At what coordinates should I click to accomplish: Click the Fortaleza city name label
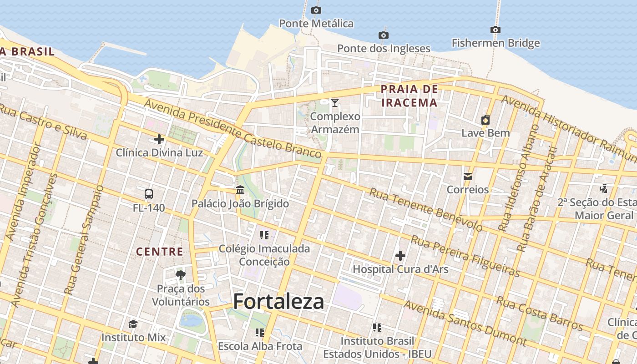tap(278, 301)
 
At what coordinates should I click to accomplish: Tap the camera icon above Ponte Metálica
tap(316, 10)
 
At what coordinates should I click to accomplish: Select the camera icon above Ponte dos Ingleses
tap(383, 35)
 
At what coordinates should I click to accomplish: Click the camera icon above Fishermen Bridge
tap(495, 30)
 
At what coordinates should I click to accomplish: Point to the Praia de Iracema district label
tap(409, 96)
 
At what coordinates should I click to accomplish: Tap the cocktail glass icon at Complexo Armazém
tap(335, 103)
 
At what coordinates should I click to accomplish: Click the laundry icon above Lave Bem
tap(485, 120)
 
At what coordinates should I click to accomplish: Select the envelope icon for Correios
tap(467, 177)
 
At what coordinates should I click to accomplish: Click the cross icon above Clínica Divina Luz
tap(159, 139)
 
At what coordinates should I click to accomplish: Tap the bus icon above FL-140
tap(149, 194)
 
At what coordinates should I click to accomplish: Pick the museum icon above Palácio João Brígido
tap(240, 190)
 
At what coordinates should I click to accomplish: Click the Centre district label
tap(160, 252)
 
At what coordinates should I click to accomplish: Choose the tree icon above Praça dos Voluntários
tap(181, 275)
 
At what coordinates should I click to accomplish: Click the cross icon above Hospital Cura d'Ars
tap(400, 256)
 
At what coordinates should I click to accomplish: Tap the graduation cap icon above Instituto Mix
tap(133, 324)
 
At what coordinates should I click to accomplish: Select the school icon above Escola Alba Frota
tap(259, 333)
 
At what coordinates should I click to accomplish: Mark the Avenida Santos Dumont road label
tap(465, 323)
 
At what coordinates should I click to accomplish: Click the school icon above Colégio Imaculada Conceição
tap(264, 235)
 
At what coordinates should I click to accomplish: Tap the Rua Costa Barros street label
tap(539, 313)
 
